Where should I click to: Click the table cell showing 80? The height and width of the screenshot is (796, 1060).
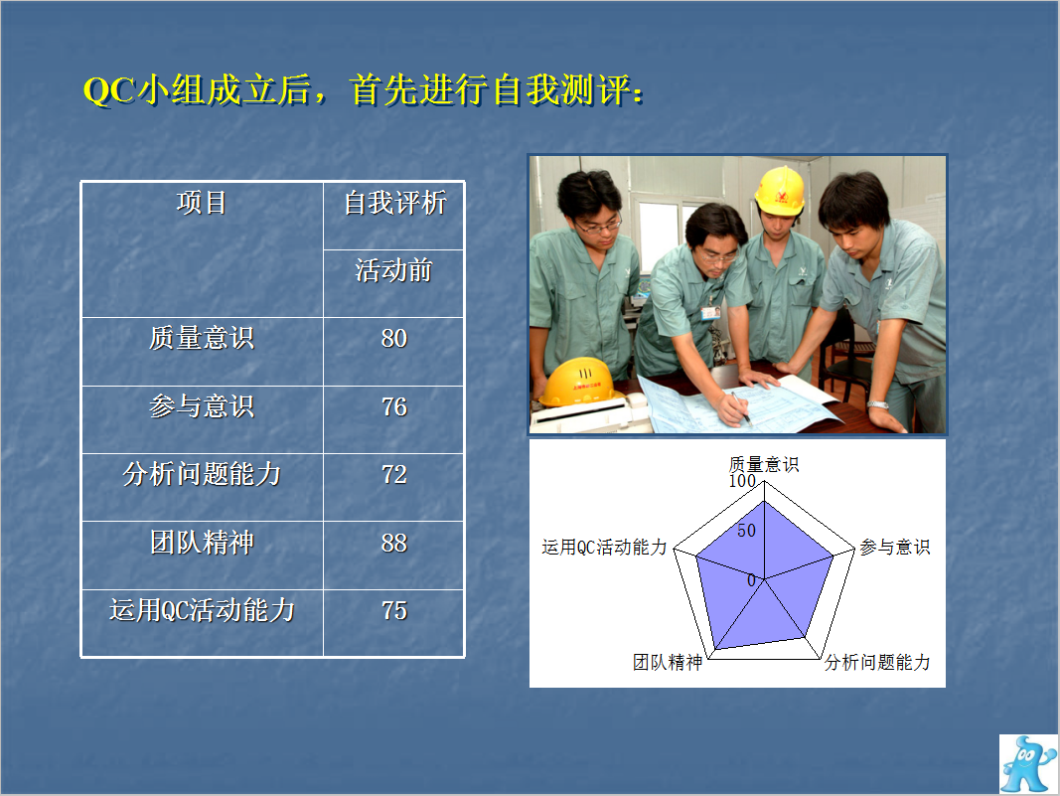tap(394, 338)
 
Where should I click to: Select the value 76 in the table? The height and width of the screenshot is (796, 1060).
tap(394, 406)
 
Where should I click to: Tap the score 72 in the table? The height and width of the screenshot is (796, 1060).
tap(394, 474)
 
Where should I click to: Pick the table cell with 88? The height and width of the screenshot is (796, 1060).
tap(394, 543)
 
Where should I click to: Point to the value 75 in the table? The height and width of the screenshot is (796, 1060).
tap(394, 610)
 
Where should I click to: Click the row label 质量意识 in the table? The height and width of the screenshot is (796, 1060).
tap(202, 338)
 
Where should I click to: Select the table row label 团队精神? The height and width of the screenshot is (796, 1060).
tap(202, 543)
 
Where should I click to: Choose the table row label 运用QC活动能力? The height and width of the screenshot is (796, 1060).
tap(202, 610)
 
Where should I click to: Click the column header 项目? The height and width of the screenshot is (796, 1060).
tap(202, 203)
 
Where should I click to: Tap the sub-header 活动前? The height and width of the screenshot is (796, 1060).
tap(394, 270)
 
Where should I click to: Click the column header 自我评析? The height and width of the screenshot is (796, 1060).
tap(394, 203)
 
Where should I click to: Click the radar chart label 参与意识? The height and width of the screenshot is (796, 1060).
tap(895, 547)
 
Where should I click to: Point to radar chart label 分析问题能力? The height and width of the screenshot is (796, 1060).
tap(877, 662)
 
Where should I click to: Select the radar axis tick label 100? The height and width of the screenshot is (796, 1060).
tap(741, 481)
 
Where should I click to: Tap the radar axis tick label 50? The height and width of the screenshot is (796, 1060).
tap(746, 531)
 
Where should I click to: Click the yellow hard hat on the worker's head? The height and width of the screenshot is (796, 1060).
tap(780, 190)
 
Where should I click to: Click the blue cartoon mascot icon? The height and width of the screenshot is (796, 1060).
tap(1027, 764)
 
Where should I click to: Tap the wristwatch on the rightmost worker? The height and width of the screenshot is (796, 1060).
tap(877, 405)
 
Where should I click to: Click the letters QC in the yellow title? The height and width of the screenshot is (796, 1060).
tap(109, 90)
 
